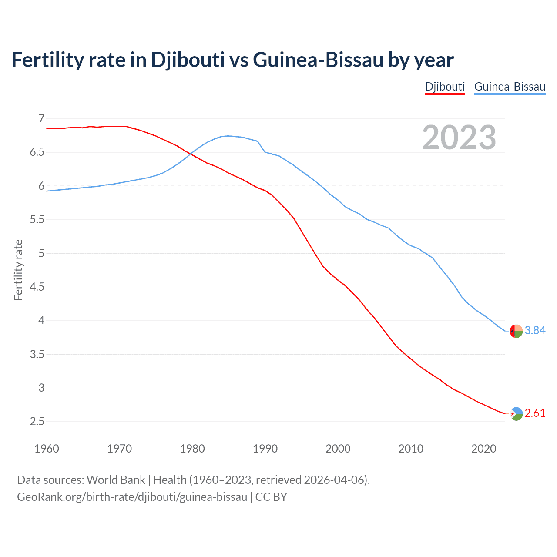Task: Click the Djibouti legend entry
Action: click(x=445, y=87)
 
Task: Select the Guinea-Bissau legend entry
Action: click(x=510, y=87)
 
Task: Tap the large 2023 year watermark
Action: click(x=459, y=138)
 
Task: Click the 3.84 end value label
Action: click(x=535, y=331)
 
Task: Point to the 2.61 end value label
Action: click(x=535, y=413)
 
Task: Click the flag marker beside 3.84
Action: click(x=516, y=331)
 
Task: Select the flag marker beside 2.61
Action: click(x=516, y=414)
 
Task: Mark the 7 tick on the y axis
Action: click(x=41, y=118)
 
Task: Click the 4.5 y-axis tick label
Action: click(x=37, y=287)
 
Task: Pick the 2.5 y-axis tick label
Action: click(x=37, y=422)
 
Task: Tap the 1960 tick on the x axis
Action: click(x=47, y=449)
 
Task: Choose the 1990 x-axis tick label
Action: click(x=265, y=449)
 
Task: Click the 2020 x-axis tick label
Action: click(x=483, y=449)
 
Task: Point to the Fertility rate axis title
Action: click(x=18, y=270)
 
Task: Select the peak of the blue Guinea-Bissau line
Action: click(x=228, y=136)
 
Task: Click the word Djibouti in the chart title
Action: click(x=188, y=60)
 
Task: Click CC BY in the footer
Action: click(x=271, y=497)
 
